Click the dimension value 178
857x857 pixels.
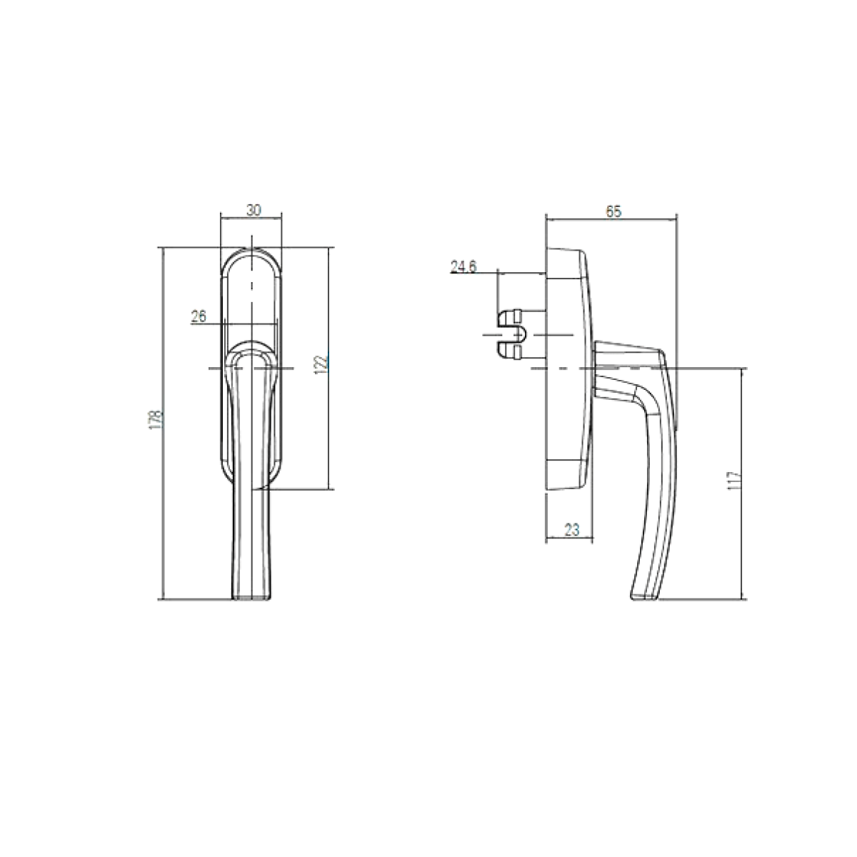coord(155,419)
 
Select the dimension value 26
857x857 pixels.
coord(199,316)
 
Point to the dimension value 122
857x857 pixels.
coord(321,364)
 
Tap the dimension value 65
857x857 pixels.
coord(613,211)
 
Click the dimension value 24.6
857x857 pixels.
coord(463,266)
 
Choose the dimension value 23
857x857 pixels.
coord(572,530)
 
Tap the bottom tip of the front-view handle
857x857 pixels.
coord(251,598)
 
